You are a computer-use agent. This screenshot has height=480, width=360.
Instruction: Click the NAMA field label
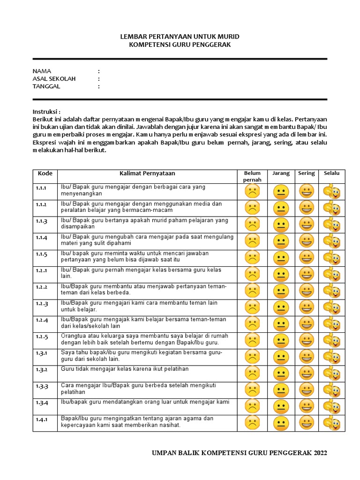[x=42, y=71]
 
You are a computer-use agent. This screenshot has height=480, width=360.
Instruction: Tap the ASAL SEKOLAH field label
[x=54, y=79]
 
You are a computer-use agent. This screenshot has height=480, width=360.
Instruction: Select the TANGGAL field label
[x=46, y=86]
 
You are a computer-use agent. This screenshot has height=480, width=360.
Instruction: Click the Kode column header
[x=45, y=173]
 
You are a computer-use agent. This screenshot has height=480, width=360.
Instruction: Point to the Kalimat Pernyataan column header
[x=147, y=173]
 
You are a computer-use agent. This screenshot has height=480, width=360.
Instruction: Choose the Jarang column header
[x=281, y=173]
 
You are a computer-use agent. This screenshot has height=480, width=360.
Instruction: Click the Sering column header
[x=307, y=173]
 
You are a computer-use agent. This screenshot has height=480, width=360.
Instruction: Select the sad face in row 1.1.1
[x=252, y=192]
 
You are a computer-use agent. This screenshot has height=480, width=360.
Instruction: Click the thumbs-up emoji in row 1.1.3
[x=331, y=225]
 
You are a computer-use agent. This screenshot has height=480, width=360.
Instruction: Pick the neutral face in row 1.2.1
[x=281, y=275]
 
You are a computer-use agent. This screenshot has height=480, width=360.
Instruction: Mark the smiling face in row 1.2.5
[x=307, y=340]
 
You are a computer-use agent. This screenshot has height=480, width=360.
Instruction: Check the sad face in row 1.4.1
[x=252, y=423]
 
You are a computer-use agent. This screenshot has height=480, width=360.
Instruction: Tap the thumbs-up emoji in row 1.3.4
[x=331, y=406]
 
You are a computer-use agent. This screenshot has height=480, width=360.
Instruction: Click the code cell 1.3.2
[x=42, y=370]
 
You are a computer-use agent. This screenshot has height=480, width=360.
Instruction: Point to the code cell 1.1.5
[x=42, y=254]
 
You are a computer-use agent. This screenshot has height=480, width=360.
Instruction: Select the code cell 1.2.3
[x=42, y=304]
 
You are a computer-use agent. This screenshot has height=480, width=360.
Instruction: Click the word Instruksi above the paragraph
[x=46, y=112]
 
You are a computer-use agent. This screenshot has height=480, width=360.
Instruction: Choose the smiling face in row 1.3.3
[x=307, y=390]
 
